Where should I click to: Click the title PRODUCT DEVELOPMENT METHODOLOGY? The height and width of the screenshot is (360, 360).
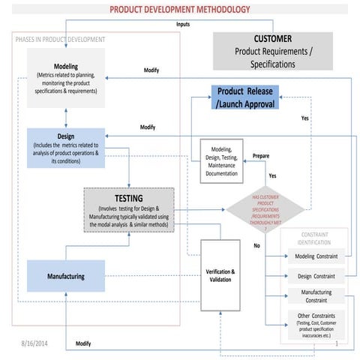[180, 10]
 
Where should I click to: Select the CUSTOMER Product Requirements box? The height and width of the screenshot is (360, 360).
[273, 51]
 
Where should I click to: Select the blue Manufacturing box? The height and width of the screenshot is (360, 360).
[65, 276]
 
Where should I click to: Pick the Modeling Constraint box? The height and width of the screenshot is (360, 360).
[316, 256]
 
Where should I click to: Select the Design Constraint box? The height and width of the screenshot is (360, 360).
[316, 276]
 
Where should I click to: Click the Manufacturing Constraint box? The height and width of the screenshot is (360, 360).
[316, 296]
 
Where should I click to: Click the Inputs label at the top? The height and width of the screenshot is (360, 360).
[182, 25]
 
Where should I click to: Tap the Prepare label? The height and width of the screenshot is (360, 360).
[260, 156]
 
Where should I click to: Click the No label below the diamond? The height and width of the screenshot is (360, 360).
[256, 245]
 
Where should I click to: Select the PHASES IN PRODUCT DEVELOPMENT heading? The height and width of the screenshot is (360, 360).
[60, 39]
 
